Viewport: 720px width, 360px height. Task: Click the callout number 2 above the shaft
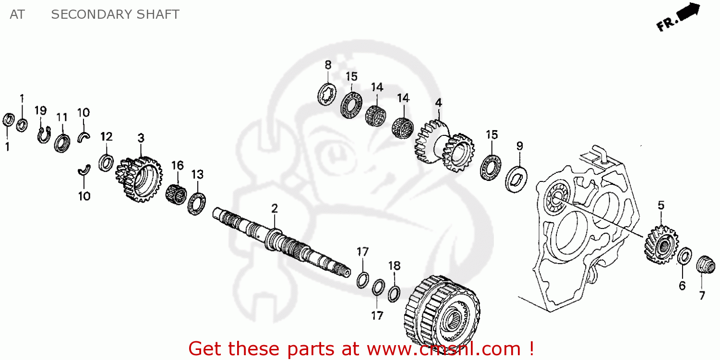(x=274, y=208)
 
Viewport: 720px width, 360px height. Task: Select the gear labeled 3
(x=139, y=177)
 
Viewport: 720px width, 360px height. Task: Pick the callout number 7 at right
(x=702, y=296)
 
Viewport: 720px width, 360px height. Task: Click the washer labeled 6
(x=684, y=256)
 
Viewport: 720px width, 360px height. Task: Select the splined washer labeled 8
(x=327, y=94)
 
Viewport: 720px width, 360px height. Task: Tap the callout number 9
(x=519, y=146)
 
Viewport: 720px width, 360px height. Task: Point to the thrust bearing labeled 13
(x=197, y=203)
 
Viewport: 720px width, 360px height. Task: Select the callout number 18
(x=394, y=266)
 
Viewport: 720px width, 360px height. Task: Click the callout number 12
(x=106, y=136)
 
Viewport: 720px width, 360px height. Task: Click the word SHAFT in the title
(x=156, y=14)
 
